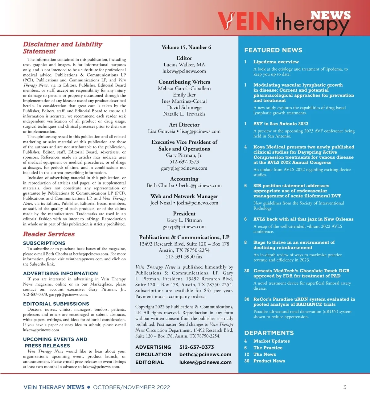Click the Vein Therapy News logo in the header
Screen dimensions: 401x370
coord(284,22)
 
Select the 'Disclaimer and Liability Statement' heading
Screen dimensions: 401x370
coord(62,48)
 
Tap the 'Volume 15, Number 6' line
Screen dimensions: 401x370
coord(186,47)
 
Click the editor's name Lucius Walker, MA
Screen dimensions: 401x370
coord(184,64)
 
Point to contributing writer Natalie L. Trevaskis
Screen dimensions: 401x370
coord(184,114)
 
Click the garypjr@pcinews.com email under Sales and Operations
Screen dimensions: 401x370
coord(184,168)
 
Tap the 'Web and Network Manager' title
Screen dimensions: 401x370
coord(184,196)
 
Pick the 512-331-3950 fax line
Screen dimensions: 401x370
coord(184,257)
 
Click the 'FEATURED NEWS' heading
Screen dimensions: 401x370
coord(273,50)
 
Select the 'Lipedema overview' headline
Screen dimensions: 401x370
coord(276,62)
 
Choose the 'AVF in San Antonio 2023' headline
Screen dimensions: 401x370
coord(281,124)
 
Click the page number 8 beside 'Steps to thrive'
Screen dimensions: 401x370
coord(245,242)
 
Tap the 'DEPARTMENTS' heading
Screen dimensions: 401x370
coord(269,333)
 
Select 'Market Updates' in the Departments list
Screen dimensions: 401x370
coord(271,341)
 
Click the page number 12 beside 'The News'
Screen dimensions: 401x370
coord(247,354)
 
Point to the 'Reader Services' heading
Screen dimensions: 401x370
coord(49,234)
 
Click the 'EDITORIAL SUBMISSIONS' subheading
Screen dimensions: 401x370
coord(56,304)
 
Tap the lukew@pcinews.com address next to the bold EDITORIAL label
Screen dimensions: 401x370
coord(205,362)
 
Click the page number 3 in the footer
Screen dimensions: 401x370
coord(345,387)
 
